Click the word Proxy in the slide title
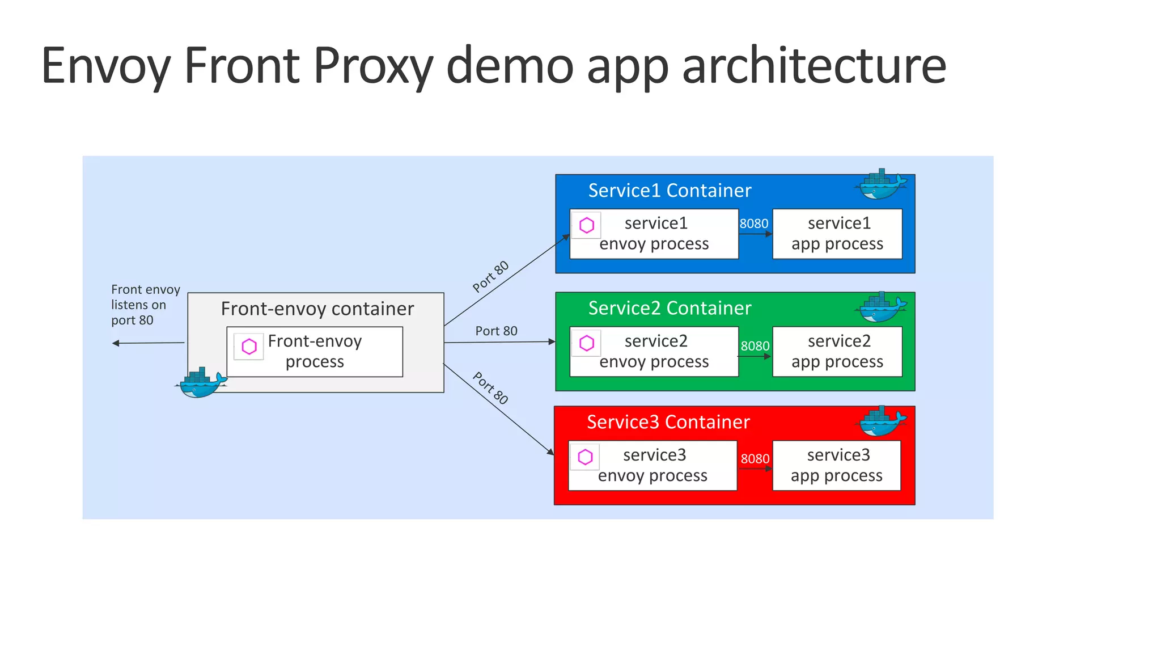[372, 66]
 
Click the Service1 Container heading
[670, 191]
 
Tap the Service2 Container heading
[670, 308]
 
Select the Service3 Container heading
[668, 422]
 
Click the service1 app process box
[837, 234]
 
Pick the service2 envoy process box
[654, 352]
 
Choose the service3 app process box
[836, 465]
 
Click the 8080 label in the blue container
[754, 223]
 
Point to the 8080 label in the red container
[755, 458]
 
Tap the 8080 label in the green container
[755, 345]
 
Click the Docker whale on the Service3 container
[882, 421]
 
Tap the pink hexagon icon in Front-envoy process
[249, 347]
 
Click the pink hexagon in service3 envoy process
[585, 457]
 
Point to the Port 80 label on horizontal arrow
[496, 331]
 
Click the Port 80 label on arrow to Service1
[490, 276]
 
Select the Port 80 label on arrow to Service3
[490, 388]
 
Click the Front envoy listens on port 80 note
[145, 305]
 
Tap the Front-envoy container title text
[317, 309]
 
